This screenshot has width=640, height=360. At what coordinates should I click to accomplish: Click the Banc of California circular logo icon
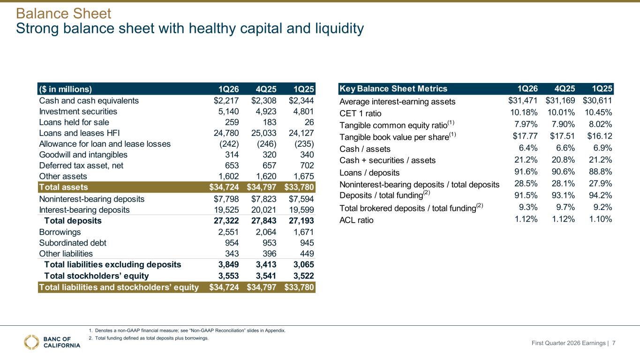pyautogui.click(x=31, y=342)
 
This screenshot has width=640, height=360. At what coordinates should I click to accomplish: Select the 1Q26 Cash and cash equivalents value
pyautogui.click(x=226, y=101)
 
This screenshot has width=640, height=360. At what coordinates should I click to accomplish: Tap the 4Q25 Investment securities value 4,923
pyautogui.click(x=266, y=112)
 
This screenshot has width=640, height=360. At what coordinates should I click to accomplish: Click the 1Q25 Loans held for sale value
pyautogui.click(x=309, y=122)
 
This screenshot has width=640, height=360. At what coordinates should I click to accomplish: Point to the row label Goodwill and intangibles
pyautogui.click(x=83, y=155)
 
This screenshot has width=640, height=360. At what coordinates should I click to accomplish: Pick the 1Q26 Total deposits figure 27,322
pyautogui.click(x=226, y=221)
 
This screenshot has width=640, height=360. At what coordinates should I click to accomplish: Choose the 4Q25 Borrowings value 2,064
pyautogui.click(x=266, y=232)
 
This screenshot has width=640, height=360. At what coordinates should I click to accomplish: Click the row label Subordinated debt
pyautogui.click(x=73, y=243)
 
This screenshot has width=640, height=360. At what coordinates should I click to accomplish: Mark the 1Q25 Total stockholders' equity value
pyautogui.click(x=303, y=276)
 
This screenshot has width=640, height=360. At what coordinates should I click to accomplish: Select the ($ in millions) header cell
pyautogui.click(x=66, y=89)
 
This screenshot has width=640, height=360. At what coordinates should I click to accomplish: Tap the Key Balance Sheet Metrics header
pyautogui.click(x=393, y=89)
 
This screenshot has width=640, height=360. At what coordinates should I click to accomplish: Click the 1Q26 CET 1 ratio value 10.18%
pyautogui.click(x=524, y=112)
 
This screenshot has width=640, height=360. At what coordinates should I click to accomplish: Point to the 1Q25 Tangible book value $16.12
pyautogui.click(x=600, y=136)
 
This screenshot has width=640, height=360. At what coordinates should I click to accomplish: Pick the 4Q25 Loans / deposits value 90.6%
pyautogui.click(x=563, y=172)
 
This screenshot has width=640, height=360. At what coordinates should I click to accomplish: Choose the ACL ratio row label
pyautogui.click(x=356, y=220)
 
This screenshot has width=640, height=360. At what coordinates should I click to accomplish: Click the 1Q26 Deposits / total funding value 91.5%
pyautogui.click(x=526, y=195)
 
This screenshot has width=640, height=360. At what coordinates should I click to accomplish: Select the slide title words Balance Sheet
pyautogui.click(x=63, y=14)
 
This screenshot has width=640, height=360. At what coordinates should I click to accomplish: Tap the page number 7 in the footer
pyautogui.click(x=614, y=343)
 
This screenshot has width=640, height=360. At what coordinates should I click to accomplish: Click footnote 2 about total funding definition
pyautogui.click(x=149, y=338)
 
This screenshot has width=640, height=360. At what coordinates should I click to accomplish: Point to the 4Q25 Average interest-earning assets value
pyautogui.click(x=560, y=100)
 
